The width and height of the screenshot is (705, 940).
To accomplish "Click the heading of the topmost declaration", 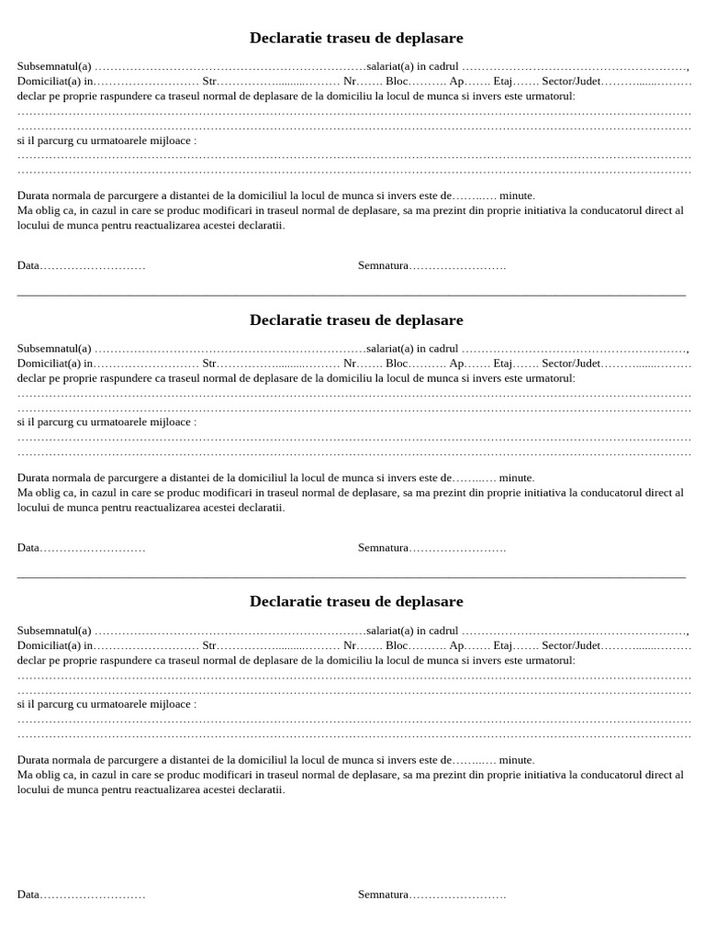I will tap(356, 39).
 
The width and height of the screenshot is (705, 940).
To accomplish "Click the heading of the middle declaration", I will tap(356, 320).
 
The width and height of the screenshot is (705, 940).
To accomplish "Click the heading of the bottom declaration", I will tap(356, 602).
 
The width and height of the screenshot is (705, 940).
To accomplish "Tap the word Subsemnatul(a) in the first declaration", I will tap(54, 66).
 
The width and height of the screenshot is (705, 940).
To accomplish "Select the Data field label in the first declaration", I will tap(28, 265).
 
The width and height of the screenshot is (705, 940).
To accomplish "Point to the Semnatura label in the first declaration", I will tap(383, 265).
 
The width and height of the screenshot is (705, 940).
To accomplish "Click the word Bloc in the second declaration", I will tap(397, 363).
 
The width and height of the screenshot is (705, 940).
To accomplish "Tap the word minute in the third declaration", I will tap(516, 759).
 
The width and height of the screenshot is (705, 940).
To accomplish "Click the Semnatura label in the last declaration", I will tap(383, 894).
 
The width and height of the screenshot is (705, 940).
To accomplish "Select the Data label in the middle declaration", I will tap(28, 547).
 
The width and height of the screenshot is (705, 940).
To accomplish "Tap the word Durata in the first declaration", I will tap(33, 196).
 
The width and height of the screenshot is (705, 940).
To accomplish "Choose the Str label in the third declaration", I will tap(208, 645).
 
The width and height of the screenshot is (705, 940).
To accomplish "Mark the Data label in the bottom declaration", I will tap(28, 894).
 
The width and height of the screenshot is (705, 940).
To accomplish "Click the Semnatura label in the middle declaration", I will tap(383, 547).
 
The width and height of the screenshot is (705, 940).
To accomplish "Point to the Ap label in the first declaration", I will tap(455, 81).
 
